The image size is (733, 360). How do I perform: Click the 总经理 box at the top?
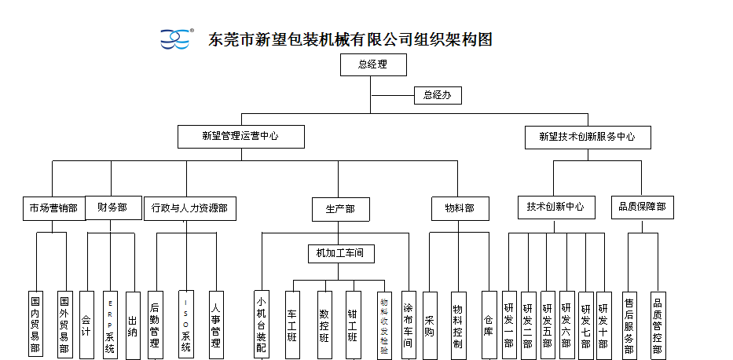point(373,64)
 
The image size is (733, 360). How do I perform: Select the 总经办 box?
point(438,95)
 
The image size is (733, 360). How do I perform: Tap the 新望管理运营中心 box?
point(240,136)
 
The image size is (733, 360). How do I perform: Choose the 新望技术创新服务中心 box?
point(588,137)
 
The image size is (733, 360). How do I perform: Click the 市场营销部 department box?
point(53,208)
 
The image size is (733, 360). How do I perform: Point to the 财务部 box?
point(112,208)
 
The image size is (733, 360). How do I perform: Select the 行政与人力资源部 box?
point(189,208)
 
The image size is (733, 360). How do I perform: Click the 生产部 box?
point(339,209)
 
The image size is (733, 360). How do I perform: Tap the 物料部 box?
point(460,208)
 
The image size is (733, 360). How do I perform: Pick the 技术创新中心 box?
point(555,207)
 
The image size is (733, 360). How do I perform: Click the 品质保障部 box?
point(642,207)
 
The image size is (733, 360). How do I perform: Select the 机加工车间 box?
point(340,253)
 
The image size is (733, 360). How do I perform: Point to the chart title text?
point(350,39)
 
